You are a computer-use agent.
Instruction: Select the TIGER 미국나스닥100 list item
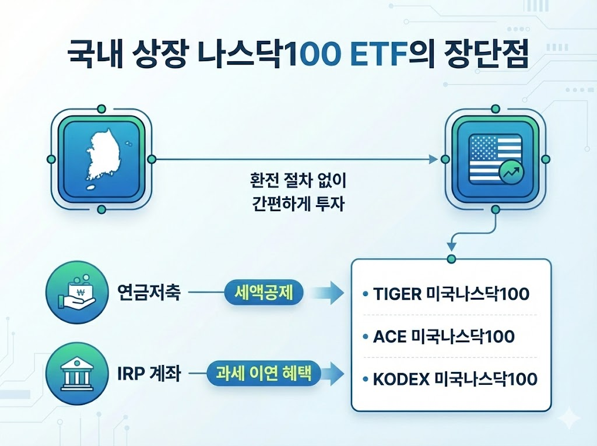click(x=449, y=293)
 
